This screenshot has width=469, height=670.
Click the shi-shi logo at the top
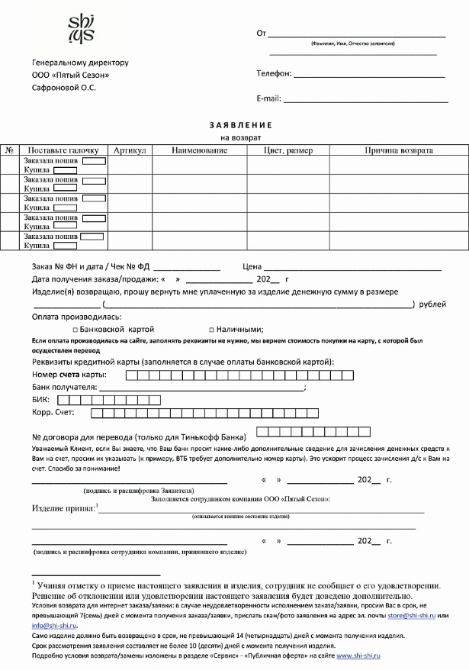[x=82, y=28]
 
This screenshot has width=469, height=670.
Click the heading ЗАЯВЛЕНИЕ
[x=235, y=124]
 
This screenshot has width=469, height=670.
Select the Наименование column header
[x=200, y=150]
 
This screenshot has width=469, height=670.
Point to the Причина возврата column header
[x=399, y=150]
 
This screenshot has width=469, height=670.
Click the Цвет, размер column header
[x=288, y=150]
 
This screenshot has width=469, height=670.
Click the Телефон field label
[x=275, y=74]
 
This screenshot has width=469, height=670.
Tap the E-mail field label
[x=269, y=98]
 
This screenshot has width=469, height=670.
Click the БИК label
[x=40, y=399]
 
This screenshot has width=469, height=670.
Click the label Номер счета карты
[x=69, y=374]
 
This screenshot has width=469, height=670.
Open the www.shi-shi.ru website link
[x=358, y=655]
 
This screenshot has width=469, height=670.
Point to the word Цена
[x=252, y=266]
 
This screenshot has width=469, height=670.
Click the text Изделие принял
[x=63, y=507]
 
